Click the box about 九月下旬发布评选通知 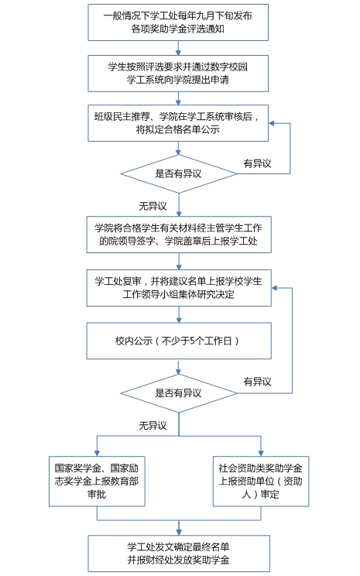pyautogui.click(x=178, y=22)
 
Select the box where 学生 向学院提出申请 pyautogui.click(x=178, y=74)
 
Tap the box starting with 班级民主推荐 pyautogui.click(x=178, y=123)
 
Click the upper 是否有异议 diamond pyautogui.click(x=179, y=173)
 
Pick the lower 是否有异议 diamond pyautogui.click(x=179, y=393)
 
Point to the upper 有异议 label pyautogui.click(x=257, y=163)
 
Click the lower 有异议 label pyautogui.click(x=257, y=382)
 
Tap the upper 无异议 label pyautogui.click(x=153, y=206)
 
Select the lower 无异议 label pyautogui.click(x=153, y=425)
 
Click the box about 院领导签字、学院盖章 pyautogui.click(x=179, y=235)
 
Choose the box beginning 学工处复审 pyautogui.click(x=179, y=288)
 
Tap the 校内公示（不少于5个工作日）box pyautogui.click(x=179, y=341)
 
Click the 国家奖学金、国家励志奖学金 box pyautogui.click(x=97, y=482)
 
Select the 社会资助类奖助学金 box pyautogui.click(x=261, y=482)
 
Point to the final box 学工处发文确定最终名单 pyautogui.click(x=179, y=554)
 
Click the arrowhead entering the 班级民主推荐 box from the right pyautogui.click(x=272, y=123)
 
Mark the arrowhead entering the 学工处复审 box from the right pyautogui.click(x=274, y=288)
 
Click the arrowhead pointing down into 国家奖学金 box pyautogui.click(x=97, y=454)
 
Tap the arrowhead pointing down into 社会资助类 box pyautogui.click(x=261, y=454)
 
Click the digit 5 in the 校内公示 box pyautogui.click(x=192, y=341)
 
